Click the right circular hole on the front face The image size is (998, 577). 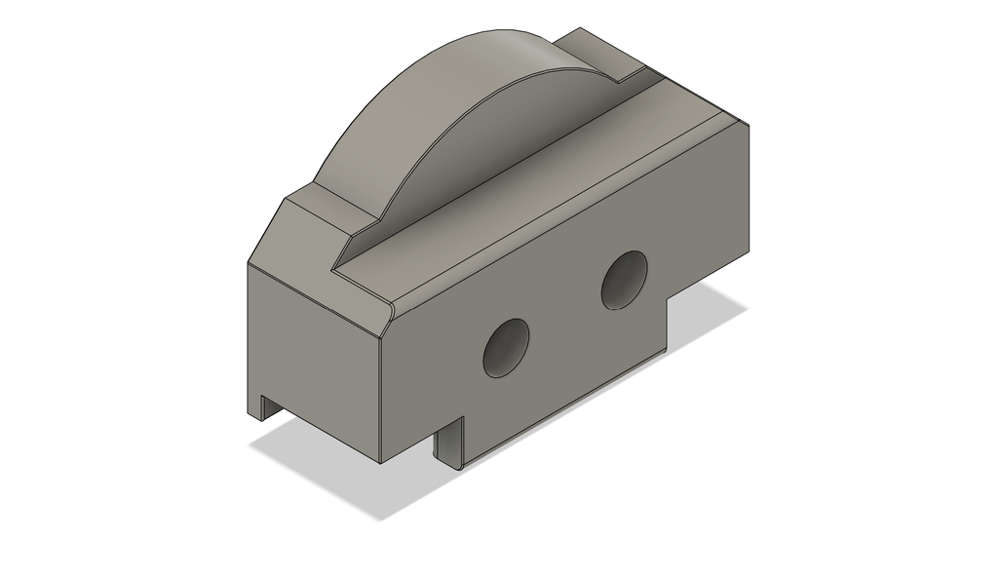pyautogui.click(x=624, y=280)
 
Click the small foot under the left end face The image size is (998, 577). pyautogui.click(x=260, y=407)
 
